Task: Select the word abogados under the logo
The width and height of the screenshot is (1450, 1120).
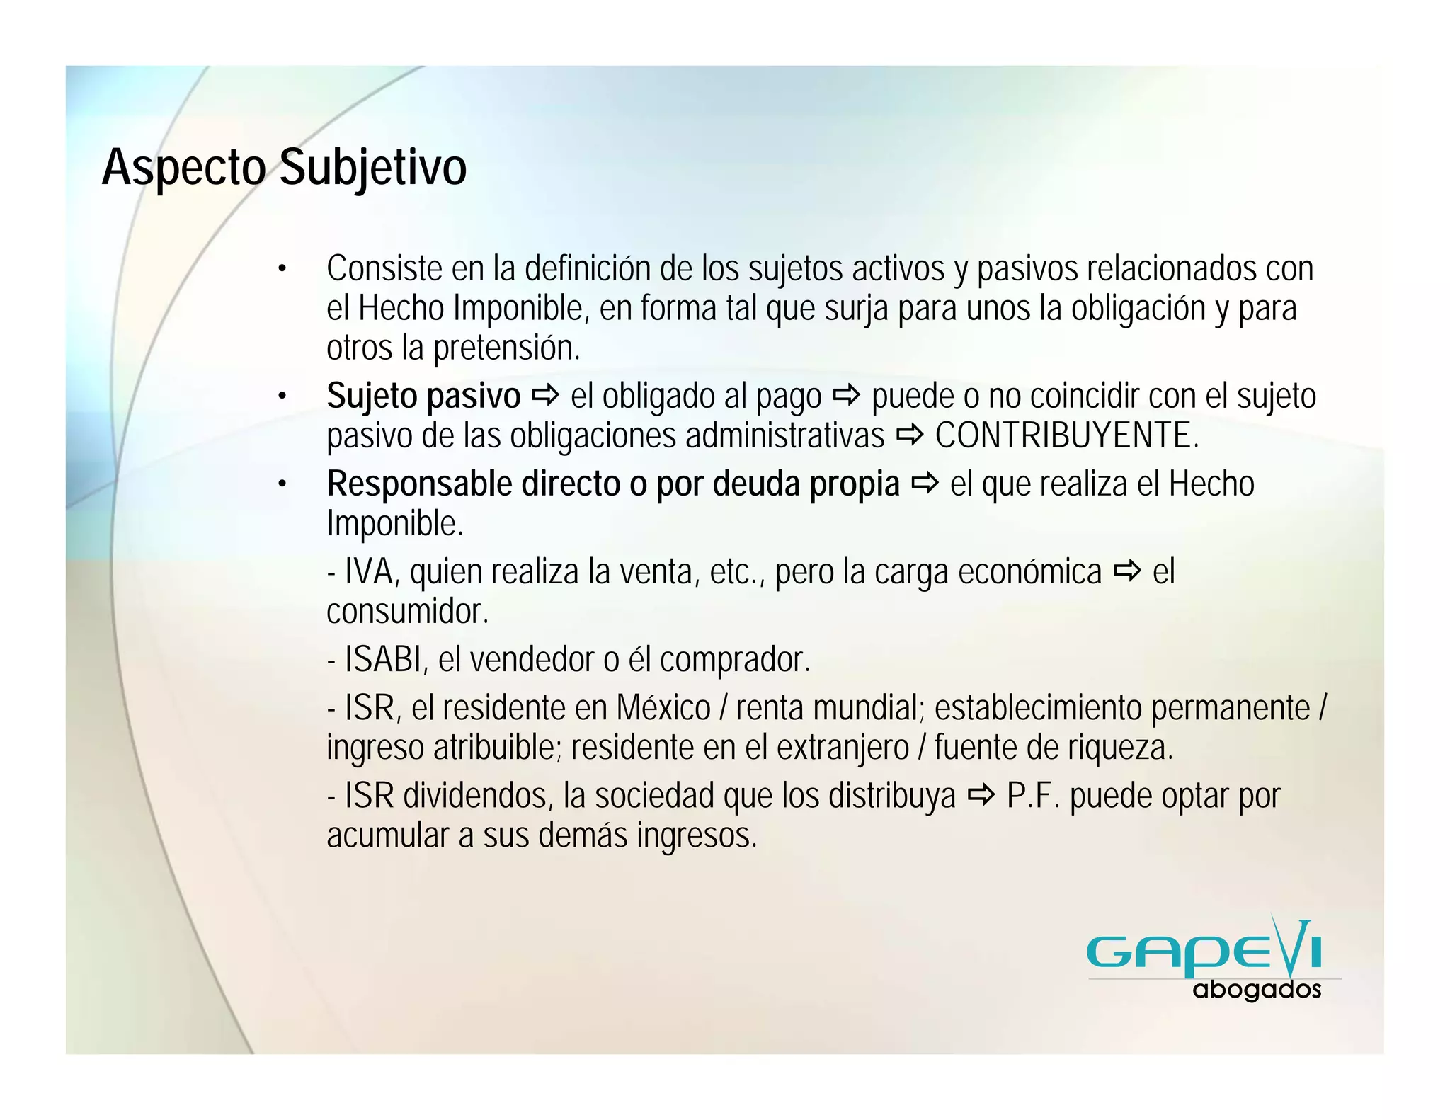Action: coord(1257,990)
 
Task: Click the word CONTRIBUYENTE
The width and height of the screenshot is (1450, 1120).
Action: coord(1066,435)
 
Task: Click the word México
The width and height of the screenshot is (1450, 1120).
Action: coord(663,708)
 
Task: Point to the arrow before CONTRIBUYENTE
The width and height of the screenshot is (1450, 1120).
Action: coord(910,435)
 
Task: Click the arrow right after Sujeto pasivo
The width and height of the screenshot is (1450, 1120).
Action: coord(545,395)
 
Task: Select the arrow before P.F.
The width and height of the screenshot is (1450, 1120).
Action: coord(981,796)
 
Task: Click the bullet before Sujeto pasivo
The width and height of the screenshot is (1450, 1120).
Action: coord(282,396)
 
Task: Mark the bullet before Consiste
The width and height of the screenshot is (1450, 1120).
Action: coord(282,270)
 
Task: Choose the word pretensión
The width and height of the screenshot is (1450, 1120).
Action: coord(506,348)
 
